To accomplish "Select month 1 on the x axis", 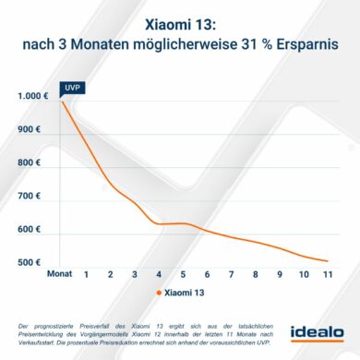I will pos(86,275).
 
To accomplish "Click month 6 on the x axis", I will pos(207,275).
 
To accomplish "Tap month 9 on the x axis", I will pos(280,275).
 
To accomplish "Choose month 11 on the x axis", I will pos(328,275).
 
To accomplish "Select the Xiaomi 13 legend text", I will pos(187,294).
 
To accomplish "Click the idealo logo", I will pos(317,331).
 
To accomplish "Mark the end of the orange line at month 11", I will pos(328,261).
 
